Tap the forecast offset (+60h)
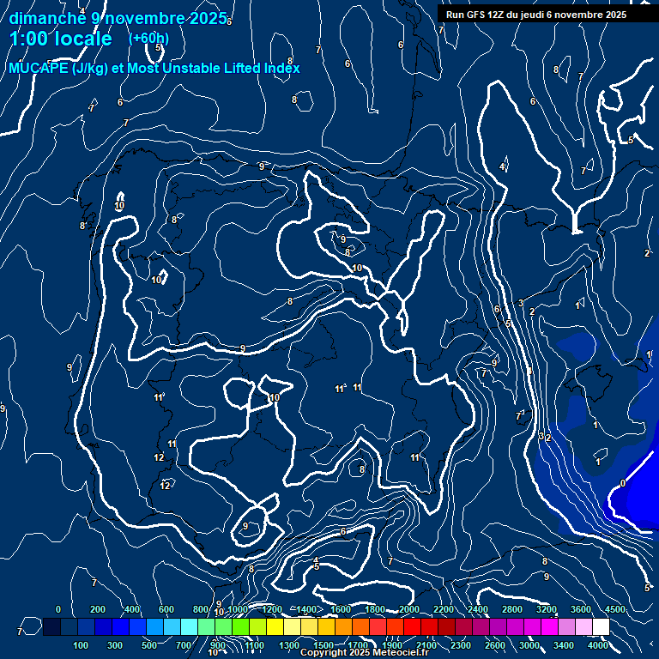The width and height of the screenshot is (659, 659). (148, 39)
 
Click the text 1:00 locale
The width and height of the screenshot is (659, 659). (61, 39)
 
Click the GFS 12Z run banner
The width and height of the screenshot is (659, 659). (535, 15)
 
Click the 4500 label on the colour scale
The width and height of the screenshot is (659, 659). (614, 609)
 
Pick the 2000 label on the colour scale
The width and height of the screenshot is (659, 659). (408, 609)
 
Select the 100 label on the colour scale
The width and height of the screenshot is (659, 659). (82, 645)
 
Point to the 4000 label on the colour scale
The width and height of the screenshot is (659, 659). (598, 645)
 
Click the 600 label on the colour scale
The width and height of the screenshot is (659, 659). (166, 609)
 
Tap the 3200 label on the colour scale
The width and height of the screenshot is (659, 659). (546, 609)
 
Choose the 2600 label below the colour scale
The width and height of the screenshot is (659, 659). (495, 645)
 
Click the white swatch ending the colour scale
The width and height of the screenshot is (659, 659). (601, 627)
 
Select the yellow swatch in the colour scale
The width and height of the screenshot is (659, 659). (292, 627)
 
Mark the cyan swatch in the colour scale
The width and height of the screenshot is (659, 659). (172, 627)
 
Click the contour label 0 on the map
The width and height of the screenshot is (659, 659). (623, 483)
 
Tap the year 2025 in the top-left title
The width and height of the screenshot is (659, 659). (207, 18)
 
